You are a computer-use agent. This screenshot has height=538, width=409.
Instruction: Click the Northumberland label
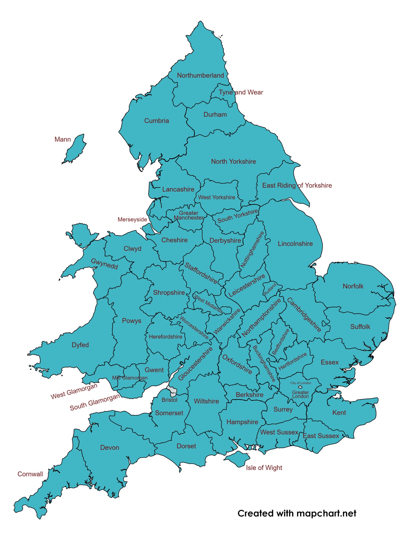click(x=200, y=76)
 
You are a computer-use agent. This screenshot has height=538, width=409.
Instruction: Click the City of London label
click(x=301, y=383)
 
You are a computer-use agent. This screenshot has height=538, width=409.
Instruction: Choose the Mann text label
click(x=63, y=139)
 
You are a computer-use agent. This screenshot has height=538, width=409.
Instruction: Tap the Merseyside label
click(x=132, y=220)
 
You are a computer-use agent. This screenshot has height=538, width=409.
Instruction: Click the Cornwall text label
click(x=30, y=474)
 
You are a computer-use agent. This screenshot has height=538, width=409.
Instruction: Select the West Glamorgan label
click(x=74, y=391)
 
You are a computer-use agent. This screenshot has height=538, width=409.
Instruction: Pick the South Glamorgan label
click(x=95, y=402)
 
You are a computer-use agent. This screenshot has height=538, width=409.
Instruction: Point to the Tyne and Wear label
click(x=241, y=92)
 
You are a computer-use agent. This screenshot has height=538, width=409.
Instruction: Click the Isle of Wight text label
click(x=264, y=468)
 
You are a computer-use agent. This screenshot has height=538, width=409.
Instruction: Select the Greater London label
click(x=300, y=394)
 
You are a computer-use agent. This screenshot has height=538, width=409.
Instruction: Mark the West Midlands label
click(x=208, y=304)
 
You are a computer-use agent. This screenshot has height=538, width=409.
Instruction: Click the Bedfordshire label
click(x=281, y=342)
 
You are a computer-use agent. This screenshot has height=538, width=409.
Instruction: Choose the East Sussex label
click(x=321, y=436)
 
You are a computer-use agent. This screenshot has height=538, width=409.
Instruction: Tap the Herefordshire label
click(x=165, y=337)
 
